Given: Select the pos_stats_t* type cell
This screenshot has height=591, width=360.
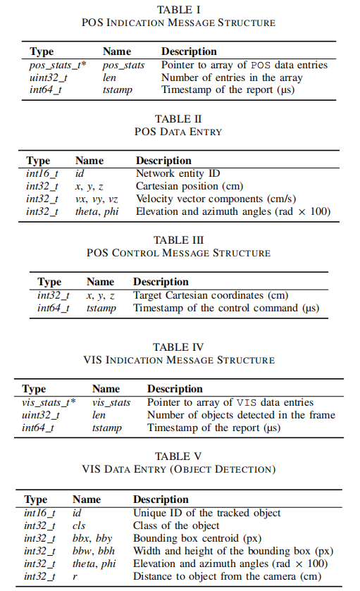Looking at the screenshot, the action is [x=57, y=66].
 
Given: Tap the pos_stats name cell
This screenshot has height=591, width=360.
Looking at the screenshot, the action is [x=124, y=66].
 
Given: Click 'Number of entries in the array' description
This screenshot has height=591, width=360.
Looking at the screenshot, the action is [x=232, y=77].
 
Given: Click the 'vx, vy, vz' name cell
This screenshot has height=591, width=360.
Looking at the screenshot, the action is [x=97, y=199].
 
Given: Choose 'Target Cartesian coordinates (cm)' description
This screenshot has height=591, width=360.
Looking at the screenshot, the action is [x=211, y=295].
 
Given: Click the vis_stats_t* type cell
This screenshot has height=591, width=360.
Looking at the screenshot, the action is [x=49, y=402].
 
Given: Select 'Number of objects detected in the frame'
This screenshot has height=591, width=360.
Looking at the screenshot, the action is [x=241, y=415].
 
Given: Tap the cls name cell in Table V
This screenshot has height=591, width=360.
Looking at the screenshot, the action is [x=80, y=525].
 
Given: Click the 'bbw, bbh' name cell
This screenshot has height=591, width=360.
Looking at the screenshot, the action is [x=92, y=551].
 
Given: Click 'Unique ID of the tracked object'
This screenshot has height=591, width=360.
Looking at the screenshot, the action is [x=207, y=513].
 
